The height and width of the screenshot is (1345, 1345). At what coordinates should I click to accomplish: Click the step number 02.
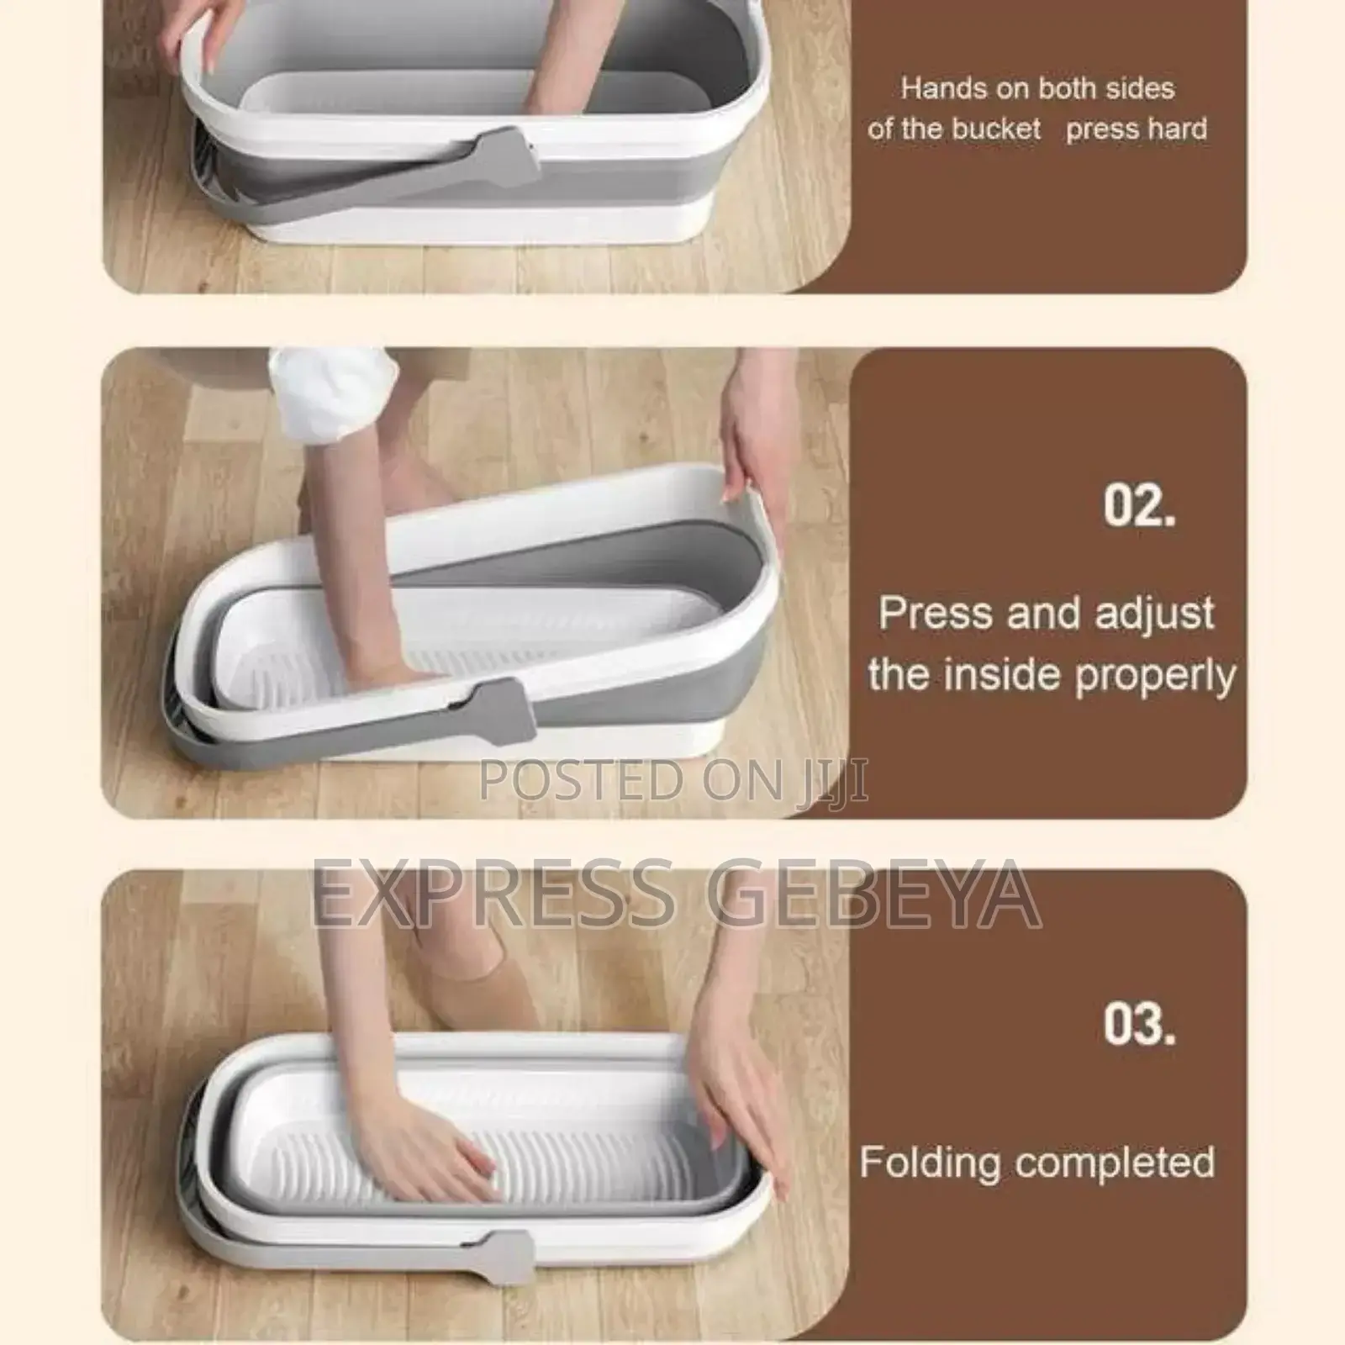[x=1139, y=506]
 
